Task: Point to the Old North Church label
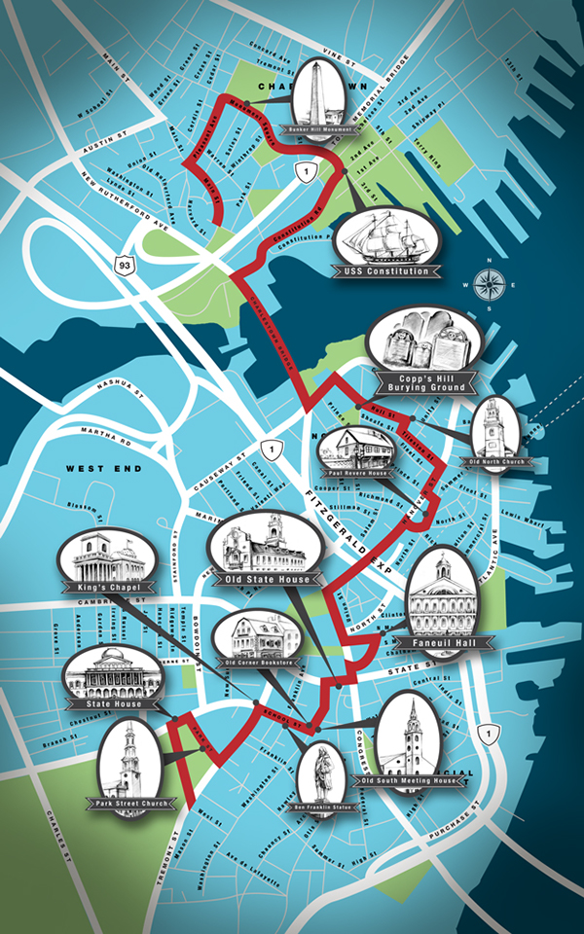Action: click(497, 460)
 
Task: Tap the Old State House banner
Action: click(267, 580)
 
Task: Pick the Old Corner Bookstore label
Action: click(258, 664)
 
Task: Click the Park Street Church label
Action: click(135, 804)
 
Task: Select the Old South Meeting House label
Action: click(409, 780)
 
